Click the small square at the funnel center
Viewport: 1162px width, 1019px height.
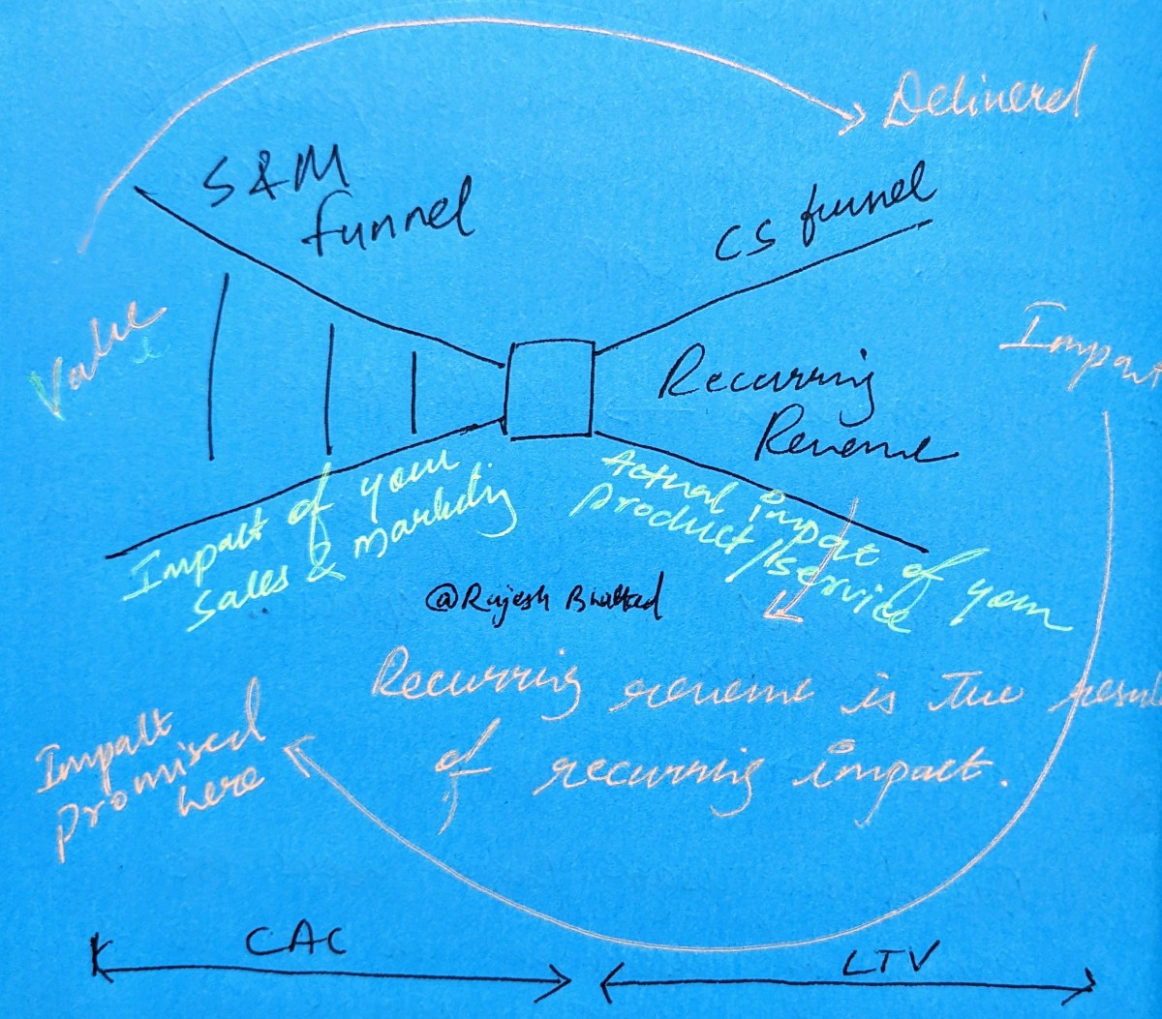pos(549,389)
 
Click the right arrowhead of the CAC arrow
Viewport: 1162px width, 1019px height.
pos(563,982)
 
